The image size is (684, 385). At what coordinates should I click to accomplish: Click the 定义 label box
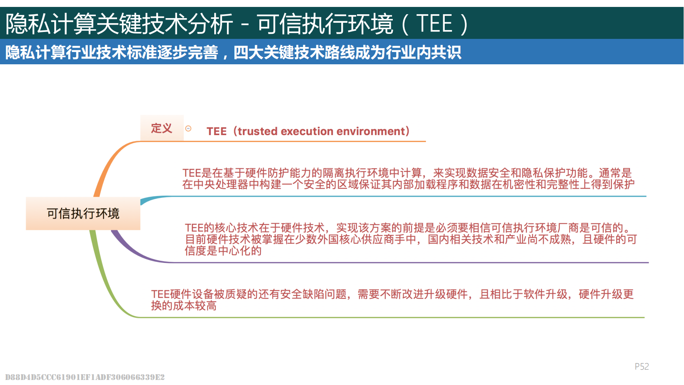(162, 128)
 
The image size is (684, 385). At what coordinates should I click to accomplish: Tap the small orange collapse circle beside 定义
(188, 129)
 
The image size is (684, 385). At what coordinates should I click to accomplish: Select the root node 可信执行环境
(83, 213)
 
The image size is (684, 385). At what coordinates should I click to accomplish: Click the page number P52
(642, 366)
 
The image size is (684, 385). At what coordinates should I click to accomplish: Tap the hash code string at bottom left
(85, 377)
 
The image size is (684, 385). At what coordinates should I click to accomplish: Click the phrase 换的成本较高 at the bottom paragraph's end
(184, 306)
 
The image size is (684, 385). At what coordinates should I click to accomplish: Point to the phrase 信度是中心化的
(223, 251)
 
